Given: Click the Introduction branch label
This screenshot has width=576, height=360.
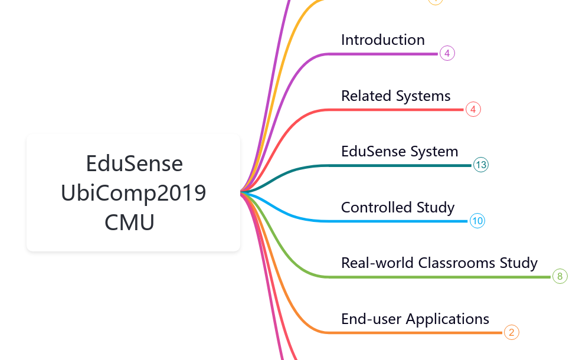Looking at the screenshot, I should (382, 40).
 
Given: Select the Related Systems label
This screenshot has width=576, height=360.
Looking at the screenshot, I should (395, 96).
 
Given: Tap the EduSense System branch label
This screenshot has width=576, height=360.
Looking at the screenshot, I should (400, 152).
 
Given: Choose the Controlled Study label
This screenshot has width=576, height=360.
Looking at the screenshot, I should (398, 208).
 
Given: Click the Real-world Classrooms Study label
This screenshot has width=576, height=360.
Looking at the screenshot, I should (439, 263).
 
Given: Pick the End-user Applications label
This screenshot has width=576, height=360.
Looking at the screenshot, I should (415, 319).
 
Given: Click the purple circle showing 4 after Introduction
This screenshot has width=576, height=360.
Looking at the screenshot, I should (447, 54).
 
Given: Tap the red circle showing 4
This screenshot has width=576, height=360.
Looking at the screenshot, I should (473, 109).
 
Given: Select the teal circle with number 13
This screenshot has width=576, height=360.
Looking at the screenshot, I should (481, 165).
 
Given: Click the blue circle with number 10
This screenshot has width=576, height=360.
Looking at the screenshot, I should (477, 221).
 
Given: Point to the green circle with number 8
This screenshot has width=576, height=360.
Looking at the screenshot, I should (560, 276).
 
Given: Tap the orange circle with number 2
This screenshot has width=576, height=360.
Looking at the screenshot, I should (512, 332).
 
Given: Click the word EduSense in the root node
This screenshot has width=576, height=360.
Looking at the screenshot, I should (134, 163).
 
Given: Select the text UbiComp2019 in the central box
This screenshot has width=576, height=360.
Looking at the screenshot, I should (134, 193).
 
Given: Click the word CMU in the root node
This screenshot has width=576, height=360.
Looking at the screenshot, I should (130, 222).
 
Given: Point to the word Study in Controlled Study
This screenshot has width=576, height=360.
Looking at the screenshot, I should (436, 208).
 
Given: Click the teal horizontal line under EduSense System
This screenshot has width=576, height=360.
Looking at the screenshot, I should (401, 165).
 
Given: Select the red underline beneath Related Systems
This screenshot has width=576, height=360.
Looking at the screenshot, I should (395, 110).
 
